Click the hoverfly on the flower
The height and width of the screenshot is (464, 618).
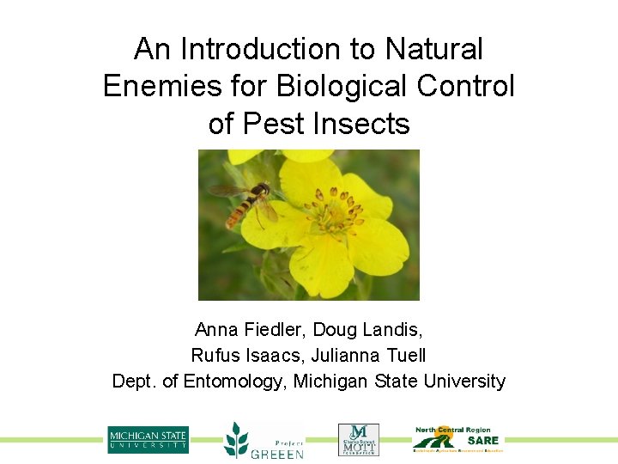246,201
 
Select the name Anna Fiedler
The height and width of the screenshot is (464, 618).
250,329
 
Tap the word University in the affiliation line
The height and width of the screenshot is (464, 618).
464,381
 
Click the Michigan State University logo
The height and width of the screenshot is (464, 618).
148,440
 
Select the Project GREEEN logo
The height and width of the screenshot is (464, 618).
264,440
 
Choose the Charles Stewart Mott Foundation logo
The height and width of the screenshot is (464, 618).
358,439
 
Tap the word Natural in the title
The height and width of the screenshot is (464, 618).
434,50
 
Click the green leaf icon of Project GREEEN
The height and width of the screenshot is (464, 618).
235,439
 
